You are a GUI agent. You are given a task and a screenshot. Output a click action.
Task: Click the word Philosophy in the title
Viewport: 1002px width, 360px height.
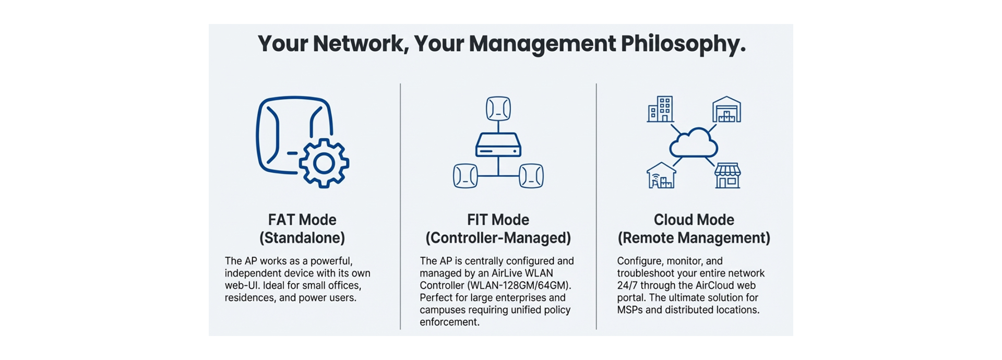[683, 44]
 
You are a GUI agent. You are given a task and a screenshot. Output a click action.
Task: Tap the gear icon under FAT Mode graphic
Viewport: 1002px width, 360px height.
[324, 163]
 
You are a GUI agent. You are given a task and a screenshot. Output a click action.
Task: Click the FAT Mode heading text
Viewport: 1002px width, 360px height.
[302, 220]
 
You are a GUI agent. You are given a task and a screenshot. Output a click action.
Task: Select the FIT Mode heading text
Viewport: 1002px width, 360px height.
[498, 220]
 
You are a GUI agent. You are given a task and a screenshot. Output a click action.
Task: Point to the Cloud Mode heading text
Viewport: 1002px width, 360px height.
[694, 220]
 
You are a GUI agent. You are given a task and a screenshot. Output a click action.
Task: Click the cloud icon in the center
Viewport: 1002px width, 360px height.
[694, 142]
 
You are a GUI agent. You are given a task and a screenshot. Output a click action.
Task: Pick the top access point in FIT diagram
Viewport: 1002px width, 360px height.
[498, 109]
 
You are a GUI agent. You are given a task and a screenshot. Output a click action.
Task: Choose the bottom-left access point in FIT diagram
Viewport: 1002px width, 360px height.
[466, 176]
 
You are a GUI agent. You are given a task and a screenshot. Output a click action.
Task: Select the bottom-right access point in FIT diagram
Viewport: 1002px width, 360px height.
[531, 176]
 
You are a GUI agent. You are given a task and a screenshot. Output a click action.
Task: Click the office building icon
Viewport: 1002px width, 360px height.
[661, 109]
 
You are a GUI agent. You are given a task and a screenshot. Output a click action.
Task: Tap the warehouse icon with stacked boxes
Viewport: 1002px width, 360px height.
[726, 109]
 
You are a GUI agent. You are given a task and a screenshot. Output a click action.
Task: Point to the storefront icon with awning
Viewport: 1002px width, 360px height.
[727, 175]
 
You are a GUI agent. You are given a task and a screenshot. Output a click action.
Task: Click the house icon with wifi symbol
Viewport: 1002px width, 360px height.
[661, 175]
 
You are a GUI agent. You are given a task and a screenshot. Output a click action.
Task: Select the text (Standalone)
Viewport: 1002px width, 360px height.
[302, 238]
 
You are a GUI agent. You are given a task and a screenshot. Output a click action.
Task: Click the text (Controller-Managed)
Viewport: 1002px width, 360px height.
[498, 238]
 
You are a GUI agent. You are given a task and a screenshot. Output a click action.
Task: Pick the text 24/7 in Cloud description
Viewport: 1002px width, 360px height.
[627, 285]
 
